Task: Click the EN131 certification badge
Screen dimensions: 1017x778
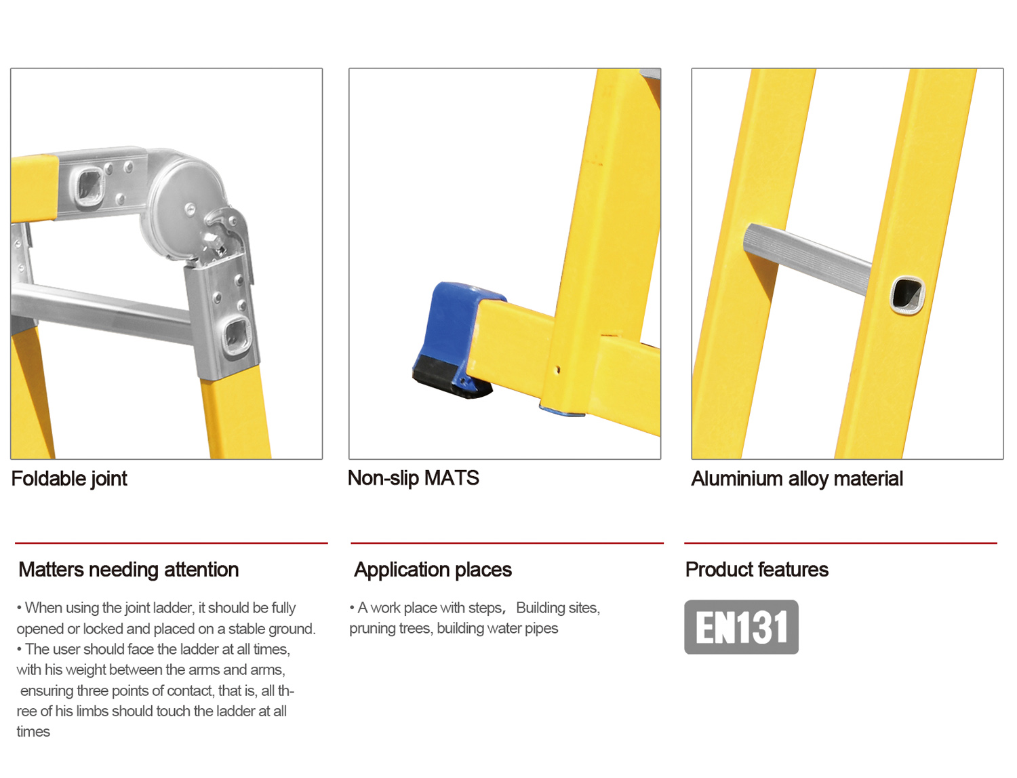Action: [741, 627]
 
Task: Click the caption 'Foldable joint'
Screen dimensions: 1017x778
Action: [69, 479]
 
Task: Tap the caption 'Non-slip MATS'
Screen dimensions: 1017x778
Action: [414, 478]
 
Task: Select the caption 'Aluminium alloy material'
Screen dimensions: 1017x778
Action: [797, 479]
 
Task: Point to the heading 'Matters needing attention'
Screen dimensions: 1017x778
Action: [128, 570]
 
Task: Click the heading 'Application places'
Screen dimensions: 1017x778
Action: [433, 570]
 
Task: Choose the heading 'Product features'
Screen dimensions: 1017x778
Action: [757, 570]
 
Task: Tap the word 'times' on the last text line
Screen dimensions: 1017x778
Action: [33, 732]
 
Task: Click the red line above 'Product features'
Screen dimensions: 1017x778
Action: [841, 543]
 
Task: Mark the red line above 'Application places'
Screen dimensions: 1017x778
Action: [507, 543]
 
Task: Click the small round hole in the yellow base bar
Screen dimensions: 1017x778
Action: [558, 370]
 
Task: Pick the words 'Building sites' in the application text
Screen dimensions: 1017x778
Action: [557, 608]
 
